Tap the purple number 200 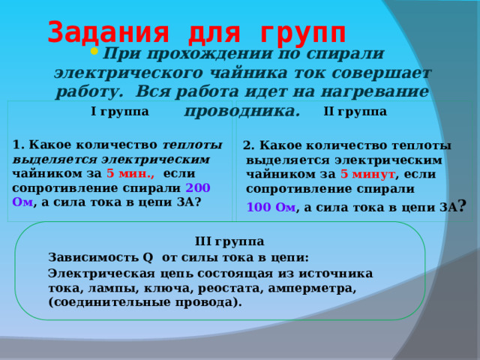click(197, 187)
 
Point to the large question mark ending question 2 click(463, 205)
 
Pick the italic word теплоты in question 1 click(191, 145)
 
